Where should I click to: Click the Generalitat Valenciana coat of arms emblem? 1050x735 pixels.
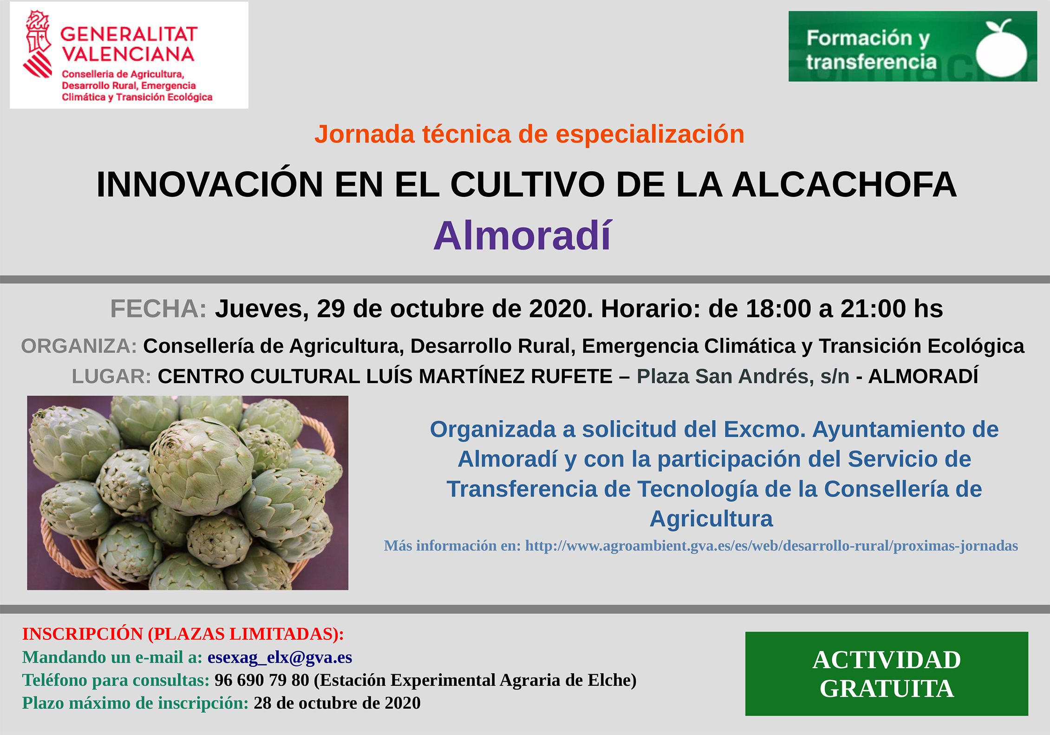click(38, 44)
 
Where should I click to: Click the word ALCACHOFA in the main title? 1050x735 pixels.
click(844, 185)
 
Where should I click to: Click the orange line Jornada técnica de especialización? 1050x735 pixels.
click(529, 134)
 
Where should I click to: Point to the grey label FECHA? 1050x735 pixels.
click(158, 309)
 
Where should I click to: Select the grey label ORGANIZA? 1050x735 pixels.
click(79, 346)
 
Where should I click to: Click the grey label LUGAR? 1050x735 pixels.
click(111, 376)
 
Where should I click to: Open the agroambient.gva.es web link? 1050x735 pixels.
click(771, 546)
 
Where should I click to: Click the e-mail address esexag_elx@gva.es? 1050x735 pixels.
click(280, 657)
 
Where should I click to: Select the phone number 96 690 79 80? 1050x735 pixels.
click(261, 680)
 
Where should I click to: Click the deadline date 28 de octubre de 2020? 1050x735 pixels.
click(337, 703)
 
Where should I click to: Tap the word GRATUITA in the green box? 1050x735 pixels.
click(887, 689)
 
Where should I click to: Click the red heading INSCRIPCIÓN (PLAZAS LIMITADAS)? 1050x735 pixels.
click(183, 634)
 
